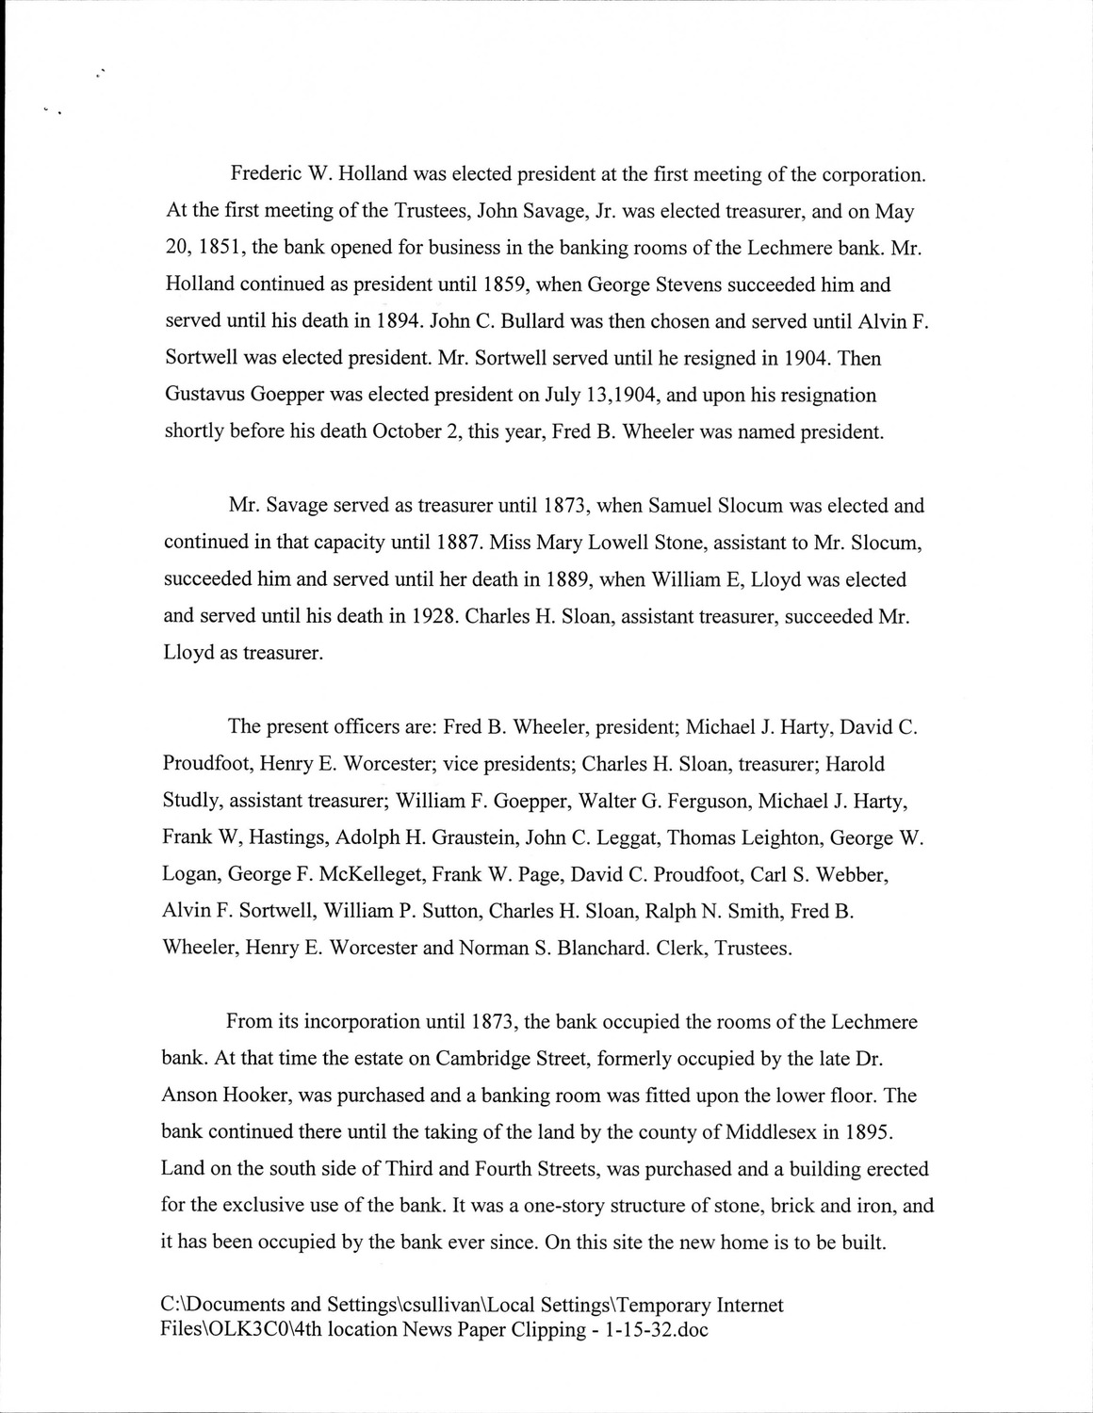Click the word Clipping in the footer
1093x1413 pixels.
pos(530,1330)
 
